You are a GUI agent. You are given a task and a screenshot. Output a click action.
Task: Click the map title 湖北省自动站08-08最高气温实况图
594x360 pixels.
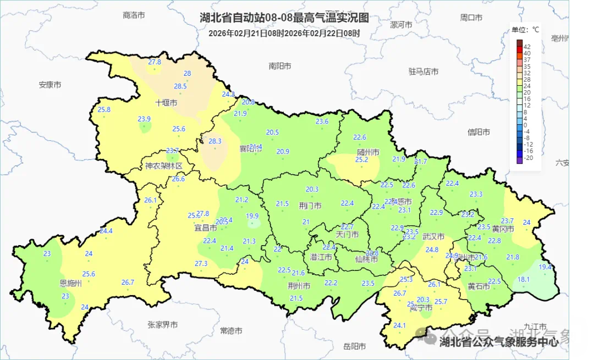click(x=284, y=18)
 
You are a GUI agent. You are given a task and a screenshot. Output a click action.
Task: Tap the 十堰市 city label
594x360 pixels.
click(x=166, y=103)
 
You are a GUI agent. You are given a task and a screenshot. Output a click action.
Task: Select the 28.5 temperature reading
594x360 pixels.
click(x=180, y=86)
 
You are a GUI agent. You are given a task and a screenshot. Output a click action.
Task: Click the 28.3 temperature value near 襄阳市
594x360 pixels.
click(x=215, y=141)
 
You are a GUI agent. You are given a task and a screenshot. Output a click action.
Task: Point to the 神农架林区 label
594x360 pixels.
click(x=163, y=166)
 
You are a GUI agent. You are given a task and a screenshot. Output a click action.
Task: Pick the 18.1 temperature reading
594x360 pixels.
click(x=524, y=279)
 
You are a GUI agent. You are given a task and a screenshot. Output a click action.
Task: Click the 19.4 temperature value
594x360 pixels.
click(x=545, y=267)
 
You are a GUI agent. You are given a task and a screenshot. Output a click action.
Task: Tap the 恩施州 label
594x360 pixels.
click(x=70, y=284)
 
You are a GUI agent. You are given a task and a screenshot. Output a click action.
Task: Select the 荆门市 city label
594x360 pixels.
click(x=310, y=206)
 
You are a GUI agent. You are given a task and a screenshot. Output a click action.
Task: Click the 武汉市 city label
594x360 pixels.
click(x=433, y=237)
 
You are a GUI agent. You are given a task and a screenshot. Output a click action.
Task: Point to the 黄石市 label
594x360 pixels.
click(x=479, y=286)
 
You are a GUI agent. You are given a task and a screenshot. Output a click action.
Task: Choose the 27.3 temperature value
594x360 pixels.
click(x=201, y=264)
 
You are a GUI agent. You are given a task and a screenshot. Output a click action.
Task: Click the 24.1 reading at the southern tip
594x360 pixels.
click(x=399, y=325)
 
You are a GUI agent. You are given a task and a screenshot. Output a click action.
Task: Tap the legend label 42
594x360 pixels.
click(x=527, y=47)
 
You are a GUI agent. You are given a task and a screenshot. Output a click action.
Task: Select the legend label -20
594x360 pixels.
click(x=528, y=158)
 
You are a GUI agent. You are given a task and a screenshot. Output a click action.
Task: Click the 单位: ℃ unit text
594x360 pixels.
click(x=525, y=30)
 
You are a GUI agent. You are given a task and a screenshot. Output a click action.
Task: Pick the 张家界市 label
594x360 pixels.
click(x=163, y=325)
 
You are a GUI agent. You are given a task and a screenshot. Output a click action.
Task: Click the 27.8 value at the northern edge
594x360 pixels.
click(x=155, y=62)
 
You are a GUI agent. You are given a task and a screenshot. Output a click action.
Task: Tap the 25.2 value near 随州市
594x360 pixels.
click(x=361, y=159)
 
